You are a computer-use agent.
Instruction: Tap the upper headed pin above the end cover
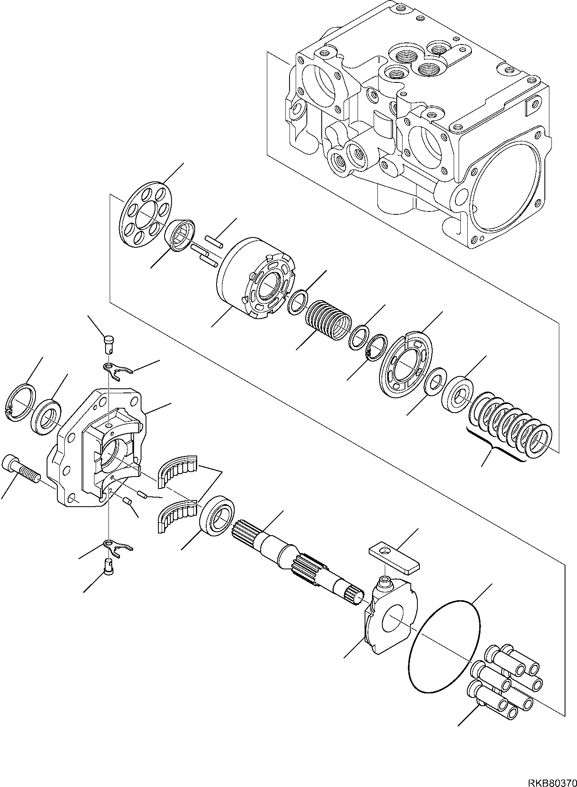pyautogui.click(x=109, y=343)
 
